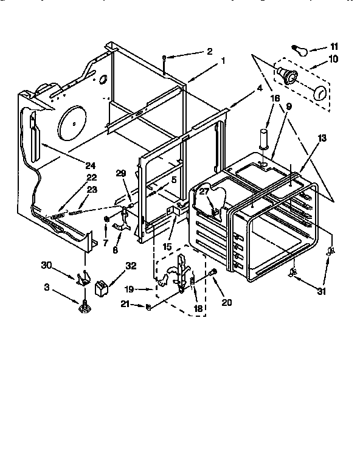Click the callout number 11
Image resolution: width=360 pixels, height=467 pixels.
[x=333, y=46]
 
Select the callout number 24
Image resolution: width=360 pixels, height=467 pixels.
[x=91, y=165]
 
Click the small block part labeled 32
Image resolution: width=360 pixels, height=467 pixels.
[x=102, y=284]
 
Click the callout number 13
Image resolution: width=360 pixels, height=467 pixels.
[x=322, y=138]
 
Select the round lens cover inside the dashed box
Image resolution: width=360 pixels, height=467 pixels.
[x=319, y=94]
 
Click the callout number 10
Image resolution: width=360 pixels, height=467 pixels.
[x=333, y=60]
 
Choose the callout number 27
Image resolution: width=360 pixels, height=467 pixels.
[x=204, y=191]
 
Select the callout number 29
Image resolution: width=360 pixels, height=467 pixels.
[x=121, y=174]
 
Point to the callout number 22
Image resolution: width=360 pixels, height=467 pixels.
[x=92, y=177]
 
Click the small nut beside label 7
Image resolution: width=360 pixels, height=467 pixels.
[x=106, y=218]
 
